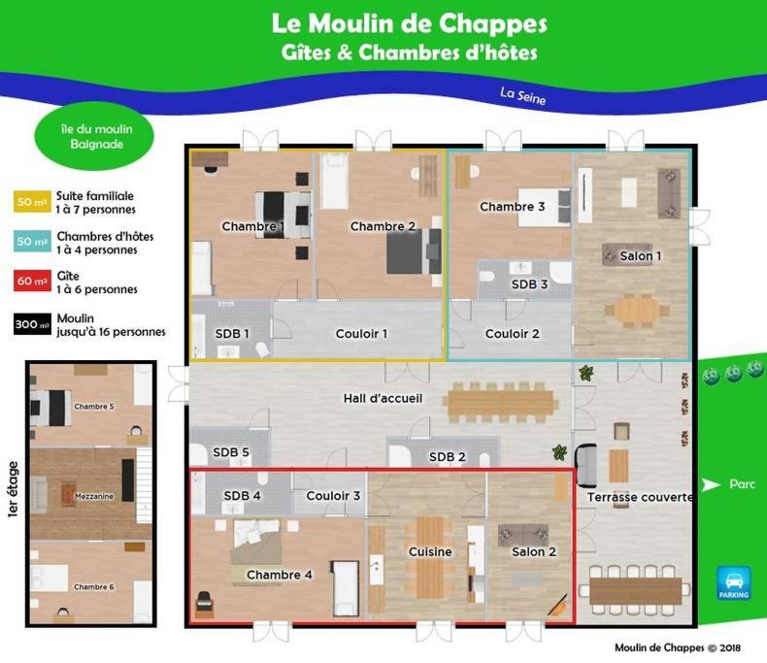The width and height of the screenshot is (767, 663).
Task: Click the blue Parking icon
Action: (x=733, y=582)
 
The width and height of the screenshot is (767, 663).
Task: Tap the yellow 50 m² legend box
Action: (x=32, y=202)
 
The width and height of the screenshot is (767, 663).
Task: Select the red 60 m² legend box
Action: (x=32, y=281)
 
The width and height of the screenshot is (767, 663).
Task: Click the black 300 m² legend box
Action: (x=32, y=323)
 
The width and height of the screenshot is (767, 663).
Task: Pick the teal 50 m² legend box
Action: (x=32, y=241)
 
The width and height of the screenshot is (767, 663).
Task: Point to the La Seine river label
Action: (x=523, y=96)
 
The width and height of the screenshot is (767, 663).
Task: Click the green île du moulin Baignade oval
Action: (x=94, y=137)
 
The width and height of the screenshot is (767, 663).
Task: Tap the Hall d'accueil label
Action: (x=383, y=399)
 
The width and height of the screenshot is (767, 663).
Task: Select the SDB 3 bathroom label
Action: (x=529, y=284)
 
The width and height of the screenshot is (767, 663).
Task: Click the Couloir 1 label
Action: (x=361, y=334)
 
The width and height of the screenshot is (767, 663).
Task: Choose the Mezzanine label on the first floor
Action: (x=94, y=496)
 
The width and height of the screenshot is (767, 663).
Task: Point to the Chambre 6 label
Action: (x=94, y=586)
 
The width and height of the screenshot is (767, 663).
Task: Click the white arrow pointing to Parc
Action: (x=711, y=484)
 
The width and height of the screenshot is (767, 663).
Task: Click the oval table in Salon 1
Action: (x=637, y=310)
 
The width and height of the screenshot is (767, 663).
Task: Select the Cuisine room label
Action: (x=430, y=551)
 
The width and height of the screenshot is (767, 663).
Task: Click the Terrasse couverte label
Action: (x=640, y=497)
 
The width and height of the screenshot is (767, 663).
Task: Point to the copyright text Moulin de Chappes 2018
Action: (x=678, y=647)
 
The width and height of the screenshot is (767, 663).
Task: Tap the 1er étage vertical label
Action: (x=14, y=489)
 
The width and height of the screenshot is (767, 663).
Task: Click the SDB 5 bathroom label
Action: (x=231, y=452)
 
